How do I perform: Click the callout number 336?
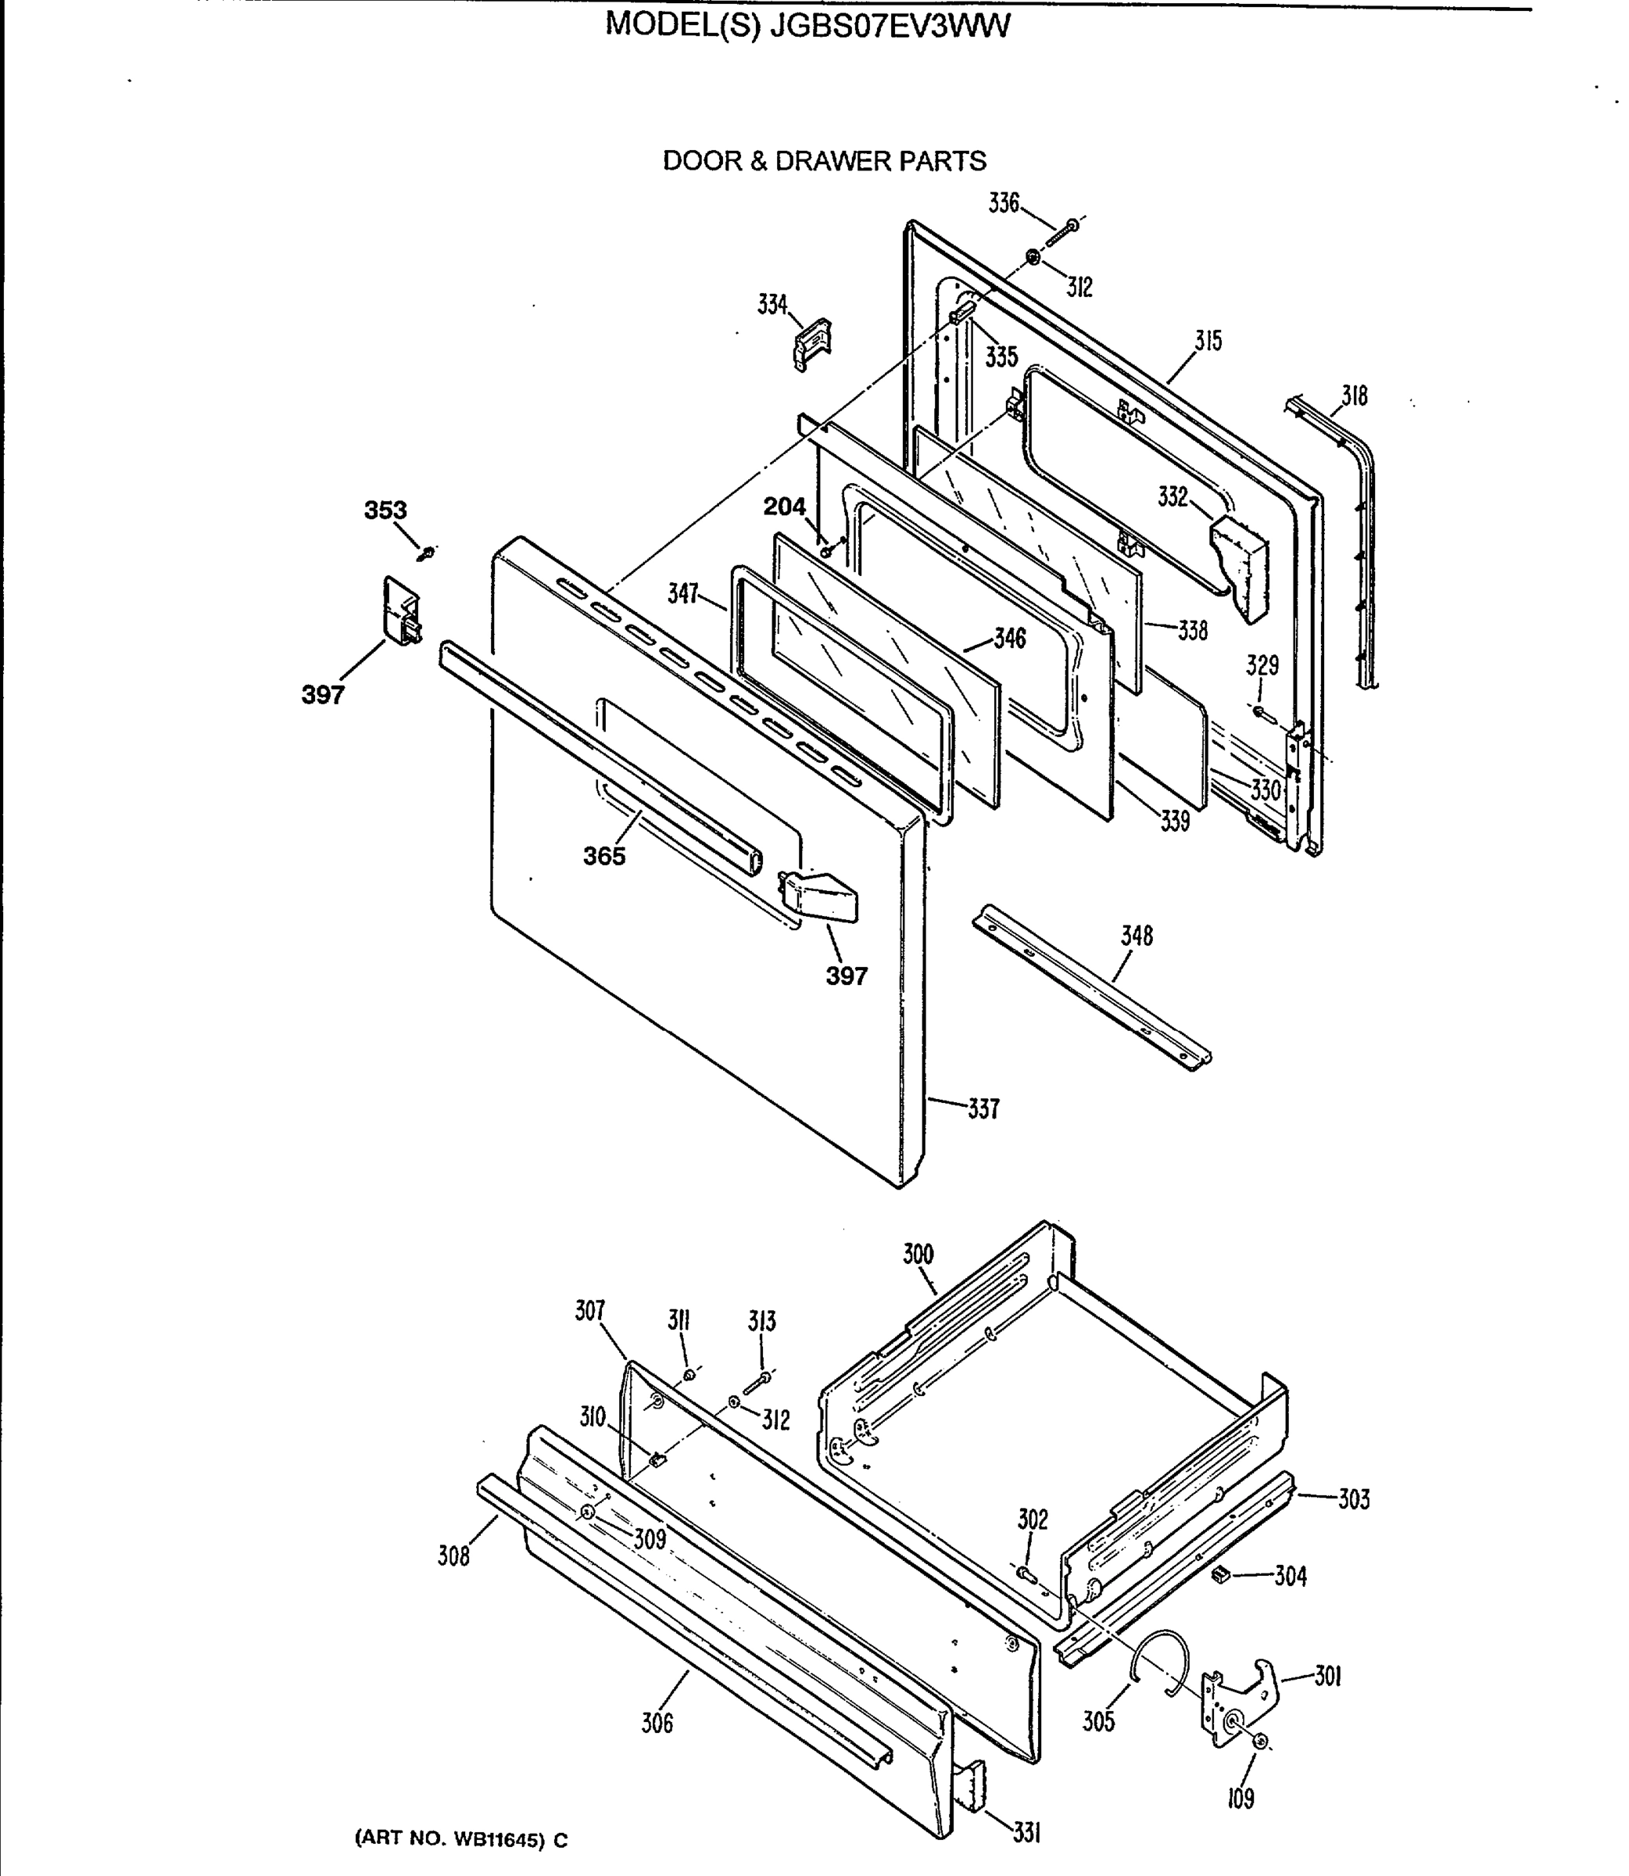(x=1004, y=203)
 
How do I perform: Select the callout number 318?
(x=1355, y=396)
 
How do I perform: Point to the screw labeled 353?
(x=426, y=552)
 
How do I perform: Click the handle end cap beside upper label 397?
(x=401, y=610)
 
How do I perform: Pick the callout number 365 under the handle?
(x=604, y=856)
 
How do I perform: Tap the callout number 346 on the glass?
(x=1009, y=638)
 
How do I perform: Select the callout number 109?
(x=1240, y=1798)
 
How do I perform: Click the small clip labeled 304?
(x=1221, y=1573)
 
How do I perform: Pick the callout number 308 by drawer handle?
(x=453, y=1557)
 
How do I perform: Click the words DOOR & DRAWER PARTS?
(x=824, y=161)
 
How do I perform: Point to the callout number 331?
(x=1026, y=1835)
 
